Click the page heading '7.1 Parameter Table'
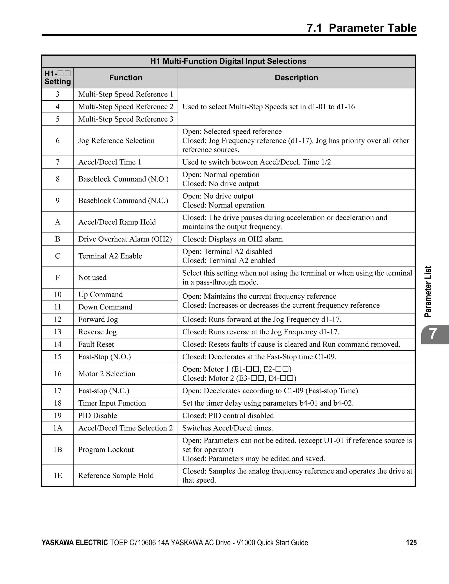click(361, 28)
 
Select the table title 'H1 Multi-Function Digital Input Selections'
click(228, 61)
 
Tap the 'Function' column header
click(126, 77)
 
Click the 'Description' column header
click(296, 77)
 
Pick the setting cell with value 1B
click(58, 450)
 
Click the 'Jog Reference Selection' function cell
click(116, 141)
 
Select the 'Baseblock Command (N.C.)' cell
click(123, 201)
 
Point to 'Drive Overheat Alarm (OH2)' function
click(125, 239)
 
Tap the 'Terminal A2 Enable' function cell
click(110, 256)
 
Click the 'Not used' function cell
click(92, 278)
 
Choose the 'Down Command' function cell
click(105, 307)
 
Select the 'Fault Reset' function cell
click(96, 344)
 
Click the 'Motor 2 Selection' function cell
click(107, 374)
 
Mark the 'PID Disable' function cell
click(98, 416)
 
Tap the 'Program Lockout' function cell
click(106, 450)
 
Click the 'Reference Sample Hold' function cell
click(116, 475)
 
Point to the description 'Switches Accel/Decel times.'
click(227, 428)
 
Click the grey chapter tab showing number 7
click(433, 334)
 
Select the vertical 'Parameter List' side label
click(428, 292)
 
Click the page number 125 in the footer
click(411, 543)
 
